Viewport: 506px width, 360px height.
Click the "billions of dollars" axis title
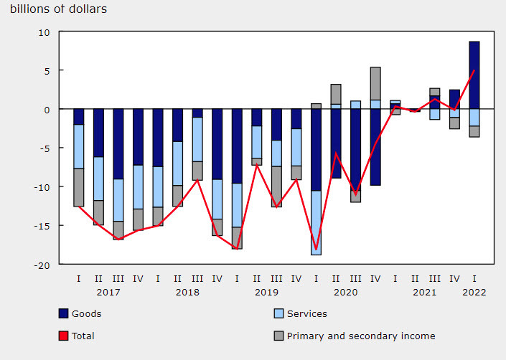[57, 10]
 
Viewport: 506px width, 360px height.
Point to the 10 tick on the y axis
[44, 32]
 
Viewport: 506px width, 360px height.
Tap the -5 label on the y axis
[44, 148]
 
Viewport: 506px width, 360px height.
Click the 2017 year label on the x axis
[108, 292]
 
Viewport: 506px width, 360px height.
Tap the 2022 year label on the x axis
[474, 292]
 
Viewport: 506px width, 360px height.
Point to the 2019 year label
[266, 292]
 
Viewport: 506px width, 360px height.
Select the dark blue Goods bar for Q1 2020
[316, 150]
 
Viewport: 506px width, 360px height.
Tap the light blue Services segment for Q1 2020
[316, 222]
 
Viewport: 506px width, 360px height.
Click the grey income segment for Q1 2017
[79, 187]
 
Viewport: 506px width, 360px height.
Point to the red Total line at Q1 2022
[474, 70]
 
